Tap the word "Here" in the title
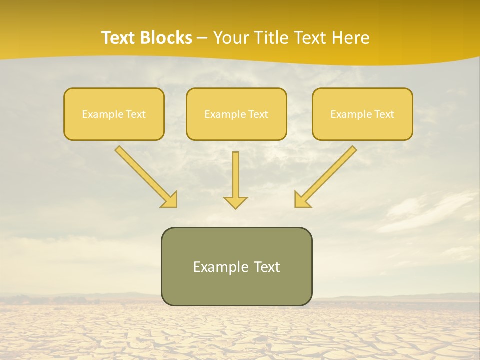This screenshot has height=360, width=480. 351,38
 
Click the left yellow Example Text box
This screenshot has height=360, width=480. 114,114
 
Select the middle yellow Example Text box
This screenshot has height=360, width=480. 236,114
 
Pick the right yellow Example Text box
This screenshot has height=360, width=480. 362,114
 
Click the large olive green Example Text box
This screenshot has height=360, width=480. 236,266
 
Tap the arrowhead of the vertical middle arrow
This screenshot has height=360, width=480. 235,202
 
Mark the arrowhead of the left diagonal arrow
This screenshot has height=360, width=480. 170,200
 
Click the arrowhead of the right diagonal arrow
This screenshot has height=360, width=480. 301,200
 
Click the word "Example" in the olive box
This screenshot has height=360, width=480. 220,267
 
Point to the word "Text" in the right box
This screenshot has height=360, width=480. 384,114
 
